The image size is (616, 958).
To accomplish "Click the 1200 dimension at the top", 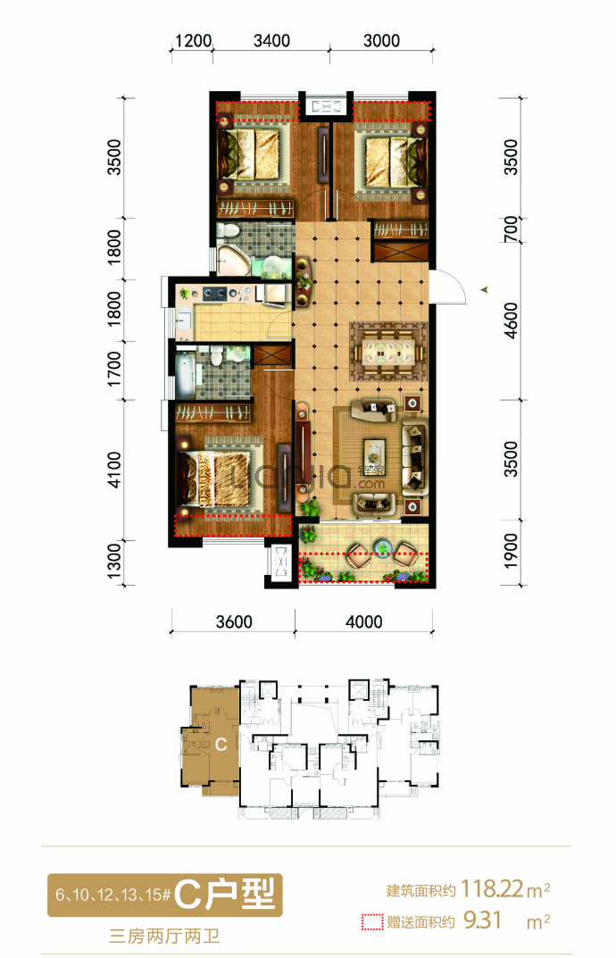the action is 193,41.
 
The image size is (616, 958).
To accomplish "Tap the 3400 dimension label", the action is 271,41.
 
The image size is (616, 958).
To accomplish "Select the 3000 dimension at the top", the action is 381,41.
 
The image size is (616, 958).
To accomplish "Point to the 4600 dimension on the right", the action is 511,321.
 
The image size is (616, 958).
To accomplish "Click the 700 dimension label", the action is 511,229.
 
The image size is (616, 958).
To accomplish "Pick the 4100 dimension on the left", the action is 114,470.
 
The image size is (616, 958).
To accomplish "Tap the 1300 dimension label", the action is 114,562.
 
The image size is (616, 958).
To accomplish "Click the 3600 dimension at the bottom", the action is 234,622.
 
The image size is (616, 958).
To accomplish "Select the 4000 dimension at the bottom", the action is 363,622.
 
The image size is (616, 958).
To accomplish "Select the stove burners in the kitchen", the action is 215,294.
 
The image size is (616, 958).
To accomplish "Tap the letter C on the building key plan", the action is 221,744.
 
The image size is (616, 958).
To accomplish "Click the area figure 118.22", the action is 492,888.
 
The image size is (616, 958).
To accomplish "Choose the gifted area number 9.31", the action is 483,921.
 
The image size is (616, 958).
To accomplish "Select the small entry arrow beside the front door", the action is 484,290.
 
